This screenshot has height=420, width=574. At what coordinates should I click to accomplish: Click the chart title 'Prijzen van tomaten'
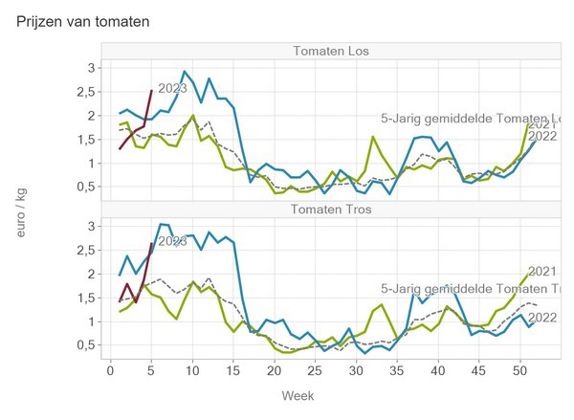83,20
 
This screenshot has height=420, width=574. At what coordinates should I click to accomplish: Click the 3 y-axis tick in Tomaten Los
90,68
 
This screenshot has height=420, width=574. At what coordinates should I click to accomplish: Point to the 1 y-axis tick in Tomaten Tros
90,321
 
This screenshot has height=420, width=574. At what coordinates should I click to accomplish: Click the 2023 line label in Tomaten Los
172,89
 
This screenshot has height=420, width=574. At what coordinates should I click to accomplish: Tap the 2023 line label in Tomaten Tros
172,242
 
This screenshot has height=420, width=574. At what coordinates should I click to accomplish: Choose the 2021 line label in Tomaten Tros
542,272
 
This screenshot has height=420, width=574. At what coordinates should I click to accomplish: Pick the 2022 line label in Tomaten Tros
542,318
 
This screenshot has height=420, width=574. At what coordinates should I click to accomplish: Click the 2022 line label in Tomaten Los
542,136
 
